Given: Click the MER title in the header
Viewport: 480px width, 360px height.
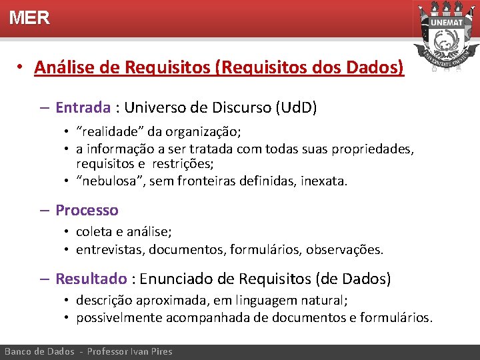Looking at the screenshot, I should [x=29, y=18].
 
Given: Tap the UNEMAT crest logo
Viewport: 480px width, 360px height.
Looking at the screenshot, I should [x=446, y=37].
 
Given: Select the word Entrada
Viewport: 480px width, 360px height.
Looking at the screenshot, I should [x=82, y=107].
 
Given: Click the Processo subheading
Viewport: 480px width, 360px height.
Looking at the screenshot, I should [x=87, y=211].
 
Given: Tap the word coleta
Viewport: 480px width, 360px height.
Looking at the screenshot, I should [x=93, y=232].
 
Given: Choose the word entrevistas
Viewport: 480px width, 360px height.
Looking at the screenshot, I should [x=109, y=250].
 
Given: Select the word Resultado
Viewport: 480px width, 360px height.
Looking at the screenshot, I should [x=91, y=279].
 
